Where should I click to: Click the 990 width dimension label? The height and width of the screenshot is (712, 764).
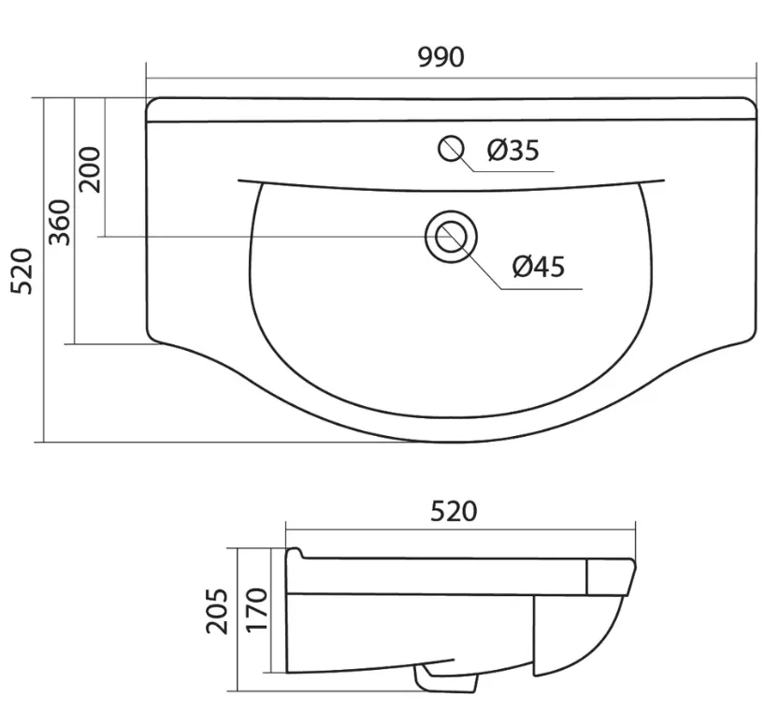pyautogui.click(x=441, y=57)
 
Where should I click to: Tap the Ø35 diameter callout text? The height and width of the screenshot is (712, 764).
pyautogui.click(x=513, y=150)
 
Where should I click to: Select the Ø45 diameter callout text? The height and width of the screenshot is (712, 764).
pyautogui.click(x=539, y=267)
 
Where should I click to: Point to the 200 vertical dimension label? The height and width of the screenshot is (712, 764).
pyautogui.click(x=91, y=169)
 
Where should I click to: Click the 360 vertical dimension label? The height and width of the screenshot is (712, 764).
pyautogui.click(x=62, y=223)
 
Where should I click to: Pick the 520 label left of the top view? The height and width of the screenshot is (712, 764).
pyautogui.click(x=22, y=271)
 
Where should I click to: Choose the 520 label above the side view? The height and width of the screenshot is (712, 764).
pyautogui.click(x=454, y=511)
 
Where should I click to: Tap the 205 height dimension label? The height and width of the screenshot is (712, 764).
pyautogui.click(x=217, y=611)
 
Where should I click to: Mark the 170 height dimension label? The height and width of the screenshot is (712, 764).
pyautogui.click(x=257, y=610)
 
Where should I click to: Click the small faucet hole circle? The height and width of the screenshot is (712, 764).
pyautogui.click(x=451, y=148)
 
